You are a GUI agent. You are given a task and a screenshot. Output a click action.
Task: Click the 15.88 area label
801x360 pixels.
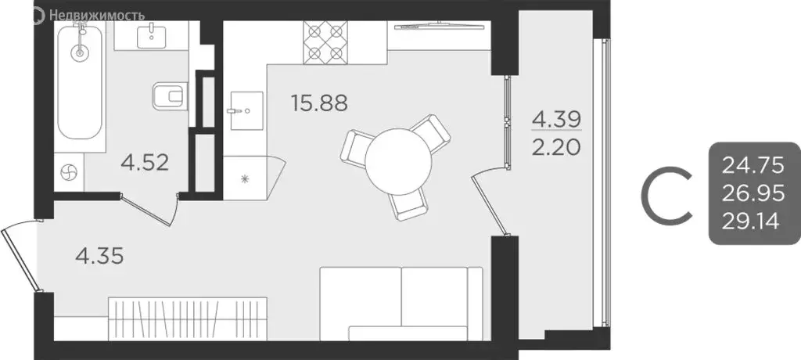click(x=318, y=103)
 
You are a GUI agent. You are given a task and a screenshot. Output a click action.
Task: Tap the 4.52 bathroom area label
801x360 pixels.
click(x=145, y=164)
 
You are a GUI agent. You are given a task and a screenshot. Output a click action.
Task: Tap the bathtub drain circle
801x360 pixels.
click(x=78, y=53)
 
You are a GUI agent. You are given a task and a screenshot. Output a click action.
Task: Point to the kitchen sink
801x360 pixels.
click(x=245, y=110)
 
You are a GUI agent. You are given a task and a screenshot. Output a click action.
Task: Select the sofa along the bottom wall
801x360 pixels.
click(x=403, y=302)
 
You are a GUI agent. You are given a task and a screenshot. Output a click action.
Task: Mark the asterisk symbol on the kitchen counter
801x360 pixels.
click(x=244, y=179)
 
